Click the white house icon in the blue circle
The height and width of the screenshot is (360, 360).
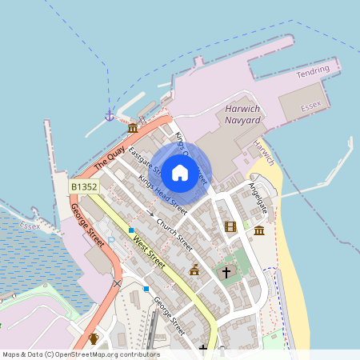[x=180, y=172]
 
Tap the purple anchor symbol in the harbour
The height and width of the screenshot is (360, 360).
[x=109, y=116]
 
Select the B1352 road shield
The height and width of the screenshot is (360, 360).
[x=84, y=186]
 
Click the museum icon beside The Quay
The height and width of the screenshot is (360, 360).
[x=132, y=128]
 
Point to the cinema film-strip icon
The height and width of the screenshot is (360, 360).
[x=231, y=227]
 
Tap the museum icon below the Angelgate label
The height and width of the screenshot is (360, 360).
[x=259, y=230]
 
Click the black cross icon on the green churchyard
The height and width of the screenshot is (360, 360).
[x=226, y=273]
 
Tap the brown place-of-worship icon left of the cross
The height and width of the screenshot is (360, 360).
[x=194, y=270]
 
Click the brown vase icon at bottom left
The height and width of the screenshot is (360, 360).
[x=94, y=338]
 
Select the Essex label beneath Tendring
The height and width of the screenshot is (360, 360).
[x=310, y=106]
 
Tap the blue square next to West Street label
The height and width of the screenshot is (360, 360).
[x=131, y=230]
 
